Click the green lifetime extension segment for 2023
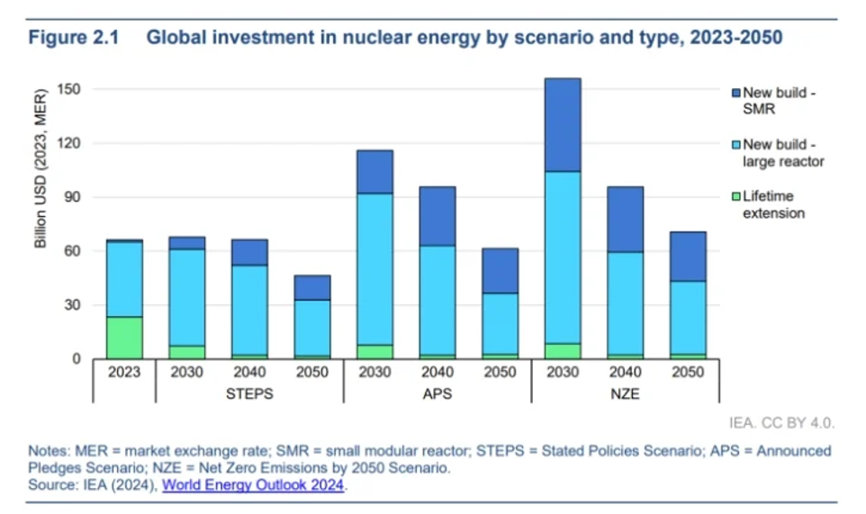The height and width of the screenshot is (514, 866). tap(124, 338)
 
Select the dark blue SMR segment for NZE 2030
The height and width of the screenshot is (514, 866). tap(563, 124)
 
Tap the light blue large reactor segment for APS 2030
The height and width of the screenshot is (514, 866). tap(374, 269)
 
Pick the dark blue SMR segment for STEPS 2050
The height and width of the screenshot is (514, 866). tap(311, 287)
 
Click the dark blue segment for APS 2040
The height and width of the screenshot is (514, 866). tap(438, 216)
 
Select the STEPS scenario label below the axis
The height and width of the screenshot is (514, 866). tap(249, 393)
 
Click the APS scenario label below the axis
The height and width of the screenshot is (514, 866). tap(438, 393)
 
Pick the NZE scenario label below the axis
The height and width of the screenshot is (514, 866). tap(625, 393)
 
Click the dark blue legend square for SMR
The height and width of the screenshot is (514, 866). tap(736, 93)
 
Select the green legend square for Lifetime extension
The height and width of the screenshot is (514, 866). tap(736, 196)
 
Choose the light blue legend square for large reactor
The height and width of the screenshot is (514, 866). tap(736, 144)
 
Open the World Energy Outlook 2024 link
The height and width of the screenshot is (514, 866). tap(253, 484)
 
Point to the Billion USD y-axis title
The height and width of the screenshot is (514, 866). tap(41, 168)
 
